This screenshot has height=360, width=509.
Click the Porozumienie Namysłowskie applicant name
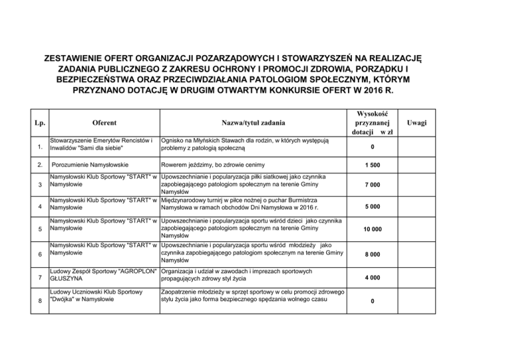click(x=90, y=164)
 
